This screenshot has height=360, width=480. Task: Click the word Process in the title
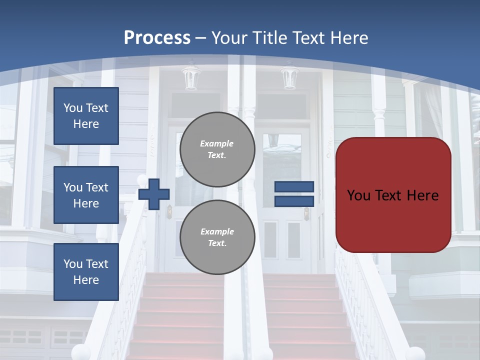(x=157, y=38)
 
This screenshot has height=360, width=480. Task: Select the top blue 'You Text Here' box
(x=86, y=116)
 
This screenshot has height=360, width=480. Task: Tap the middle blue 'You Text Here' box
(x=86, y=195)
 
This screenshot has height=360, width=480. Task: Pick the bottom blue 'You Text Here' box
(x=86, y=272)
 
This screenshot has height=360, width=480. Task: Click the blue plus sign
(x=154, y=193)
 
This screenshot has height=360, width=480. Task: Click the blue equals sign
(x=294, y=194)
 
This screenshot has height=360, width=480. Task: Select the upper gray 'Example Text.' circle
(x=217, y=149)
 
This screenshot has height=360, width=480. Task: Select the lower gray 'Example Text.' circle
(x=217, y=237)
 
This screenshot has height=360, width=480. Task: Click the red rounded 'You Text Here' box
(x=393, y=195)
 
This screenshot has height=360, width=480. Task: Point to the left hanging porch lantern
(x=190, y=77)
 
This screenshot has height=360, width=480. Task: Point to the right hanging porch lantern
(x=289, y=77)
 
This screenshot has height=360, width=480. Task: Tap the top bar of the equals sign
(x=294, y=187)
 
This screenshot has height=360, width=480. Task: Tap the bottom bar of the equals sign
(x=294, y=201)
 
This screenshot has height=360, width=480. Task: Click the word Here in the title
(x=349, y=38)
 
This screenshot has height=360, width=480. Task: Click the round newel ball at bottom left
(x=80, y=352)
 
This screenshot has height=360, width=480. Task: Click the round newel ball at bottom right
(x=415, y=353)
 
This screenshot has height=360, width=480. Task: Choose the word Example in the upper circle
(x=217, y=143)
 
